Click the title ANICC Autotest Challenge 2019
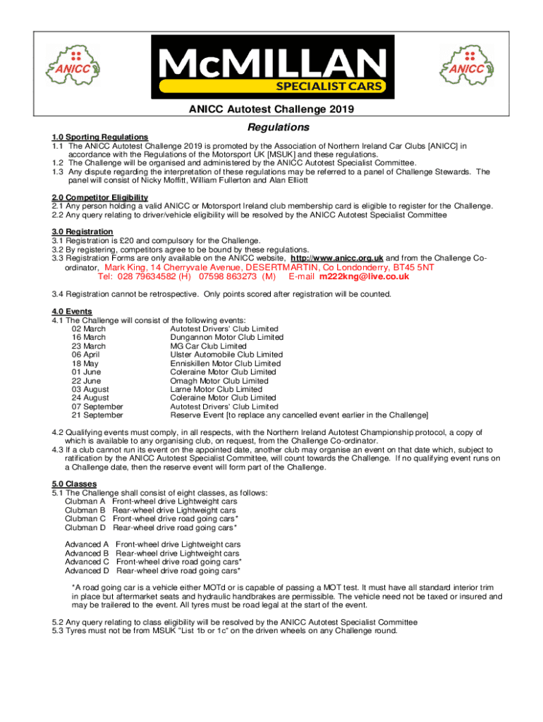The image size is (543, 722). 271,109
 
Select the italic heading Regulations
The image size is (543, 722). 279,127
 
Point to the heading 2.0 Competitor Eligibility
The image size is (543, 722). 100,197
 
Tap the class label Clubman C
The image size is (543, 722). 85,518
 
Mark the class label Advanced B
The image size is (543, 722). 87,553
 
